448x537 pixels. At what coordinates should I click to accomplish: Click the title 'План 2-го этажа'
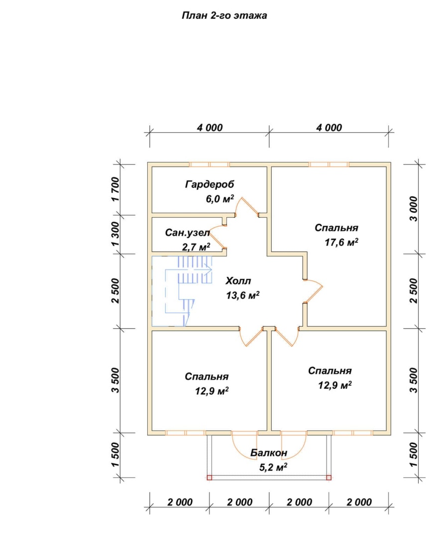pos(224,16)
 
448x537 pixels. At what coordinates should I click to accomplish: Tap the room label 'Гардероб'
pos(210,184)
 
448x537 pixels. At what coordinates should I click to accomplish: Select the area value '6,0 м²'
pos(220,198)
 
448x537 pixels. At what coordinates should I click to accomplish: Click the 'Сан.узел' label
pos(187,233)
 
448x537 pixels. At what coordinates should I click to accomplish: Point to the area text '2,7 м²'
pos(196,247)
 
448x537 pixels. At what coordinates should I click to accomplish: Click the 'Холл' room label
pos(238,281)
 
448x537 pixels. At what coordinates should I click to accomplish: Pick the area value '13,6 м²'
pos(242,295)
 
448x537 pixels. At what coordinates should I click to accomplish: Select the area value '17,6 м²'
pos(341,242)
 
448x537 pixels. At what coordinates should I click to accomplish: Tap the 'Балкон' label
pos(268,453)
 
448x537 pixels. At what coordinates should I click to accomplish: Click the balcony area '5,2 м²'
pos(273,467)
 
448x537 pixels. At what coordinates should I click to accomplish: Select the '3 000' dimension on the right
pos(414,209)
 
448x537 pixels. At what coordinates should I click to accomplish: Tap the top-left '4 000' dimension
pos(210,128)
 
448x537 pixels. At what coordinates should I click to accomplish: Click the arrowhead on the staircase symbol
pos(209,270)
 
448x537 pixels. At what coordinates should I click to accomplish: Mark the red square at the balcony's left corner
pos(210,477)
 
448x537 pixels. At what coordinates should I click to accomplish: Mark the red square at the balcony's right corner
pos(329,477)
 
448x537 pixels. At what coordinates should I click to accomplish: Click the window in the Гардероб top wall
pos(210,165)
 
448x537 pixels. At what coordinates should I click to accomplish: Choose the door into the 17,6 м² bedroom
pos(314,291)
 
